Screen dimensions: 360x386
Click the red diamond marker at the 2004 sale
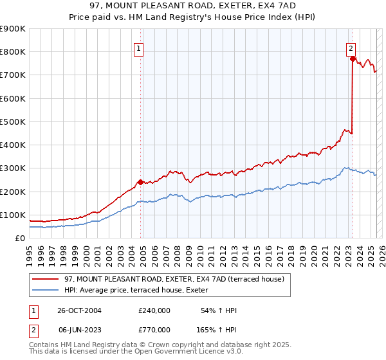pos(141,182)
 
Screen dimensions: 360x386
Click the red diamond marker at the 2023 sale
pos(353,59)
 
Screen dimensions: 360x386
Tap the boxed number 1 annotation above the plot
pos(139,46)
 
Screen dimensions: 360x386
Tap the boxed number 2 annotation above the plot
pos(351,46)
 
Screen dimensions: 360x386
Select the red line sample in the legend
pos(46,278)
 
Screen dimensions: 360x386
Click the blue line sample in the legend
pos(46,289)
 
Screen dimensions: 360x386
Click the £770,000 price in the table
pos(154,328)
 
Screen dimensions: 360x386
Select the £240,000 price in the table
pos(154,310)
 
